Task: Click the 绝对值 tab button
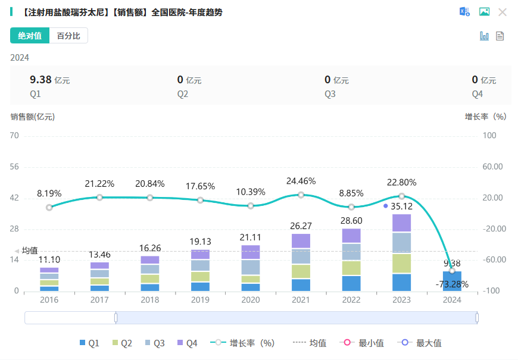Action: click(x=30, y=36)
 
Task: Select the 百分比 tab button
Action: click(x=68, y=36)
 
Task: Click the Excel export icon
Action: click(x=464, y=12)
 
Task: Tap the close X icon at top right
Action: click(x=503, y=12)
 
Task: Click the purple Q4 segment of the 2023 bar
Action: click(x=401, y=223)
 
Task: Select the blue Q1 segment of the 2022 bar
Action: click(x=351, y=283)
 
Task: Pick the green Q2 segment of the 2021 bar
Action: click(x=301, y=271)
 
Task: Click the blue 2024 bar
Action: click(x=452, y=281)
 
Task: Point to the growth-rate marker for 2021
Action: click(x=301, y=195)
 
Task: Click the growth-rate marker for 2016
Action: click(x=49, y=207)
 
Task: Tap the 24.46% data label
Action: click(x=301, y=181)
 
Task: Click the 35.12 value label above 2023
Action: click(x=402, y=206)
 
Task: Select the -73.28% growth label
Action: click(x=452, y=284)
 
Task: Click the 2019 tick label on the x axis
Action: click(x=200, y=300)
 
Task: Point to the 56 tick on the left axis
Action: click(x=15, y=167)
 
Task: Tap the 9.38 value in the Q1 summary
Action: click(x=40, y=80)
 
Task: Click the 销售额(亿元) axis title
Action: click(x=32, y=117)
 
